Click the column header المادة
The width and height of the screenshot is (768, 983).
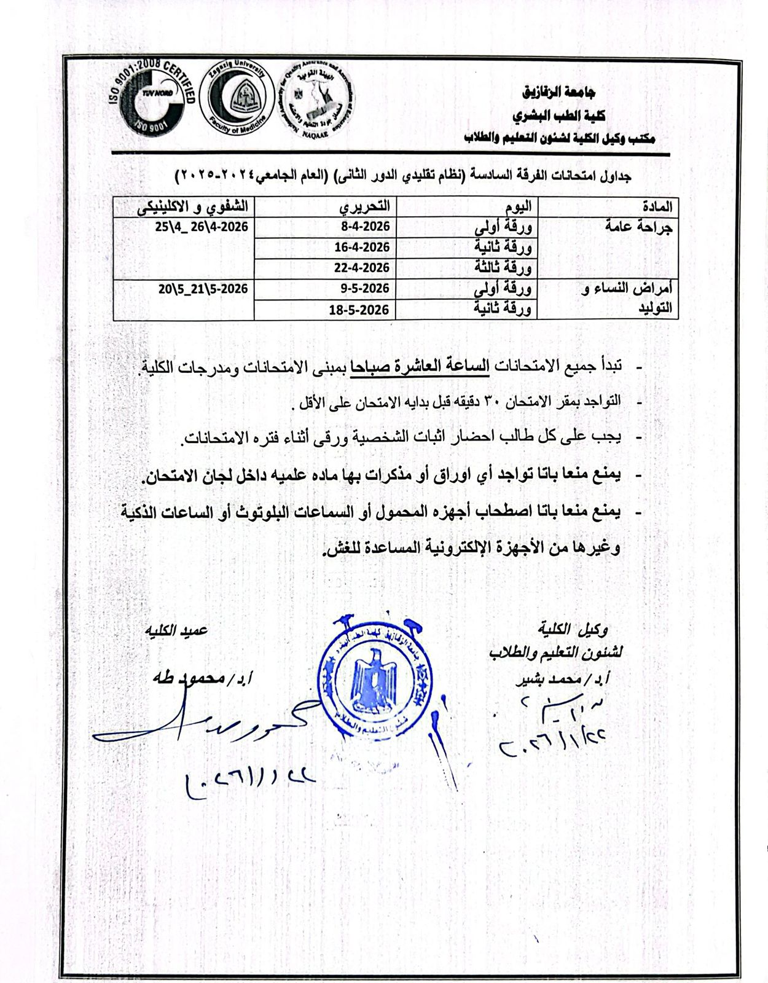pos(656,206)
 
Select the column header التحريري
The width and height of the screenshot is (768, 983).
pos(366,205)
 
